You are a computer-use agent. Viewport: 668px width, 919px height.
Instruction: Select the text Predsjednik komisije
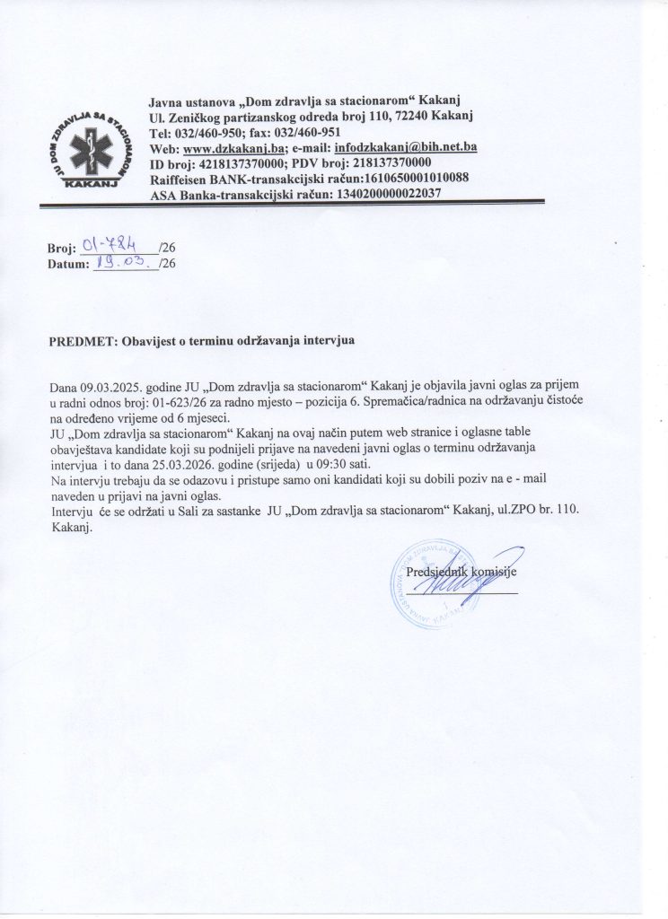coord(461,572)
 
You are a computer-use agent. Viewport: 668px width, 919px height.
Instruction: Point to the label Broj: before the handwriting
coord(62,247)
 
